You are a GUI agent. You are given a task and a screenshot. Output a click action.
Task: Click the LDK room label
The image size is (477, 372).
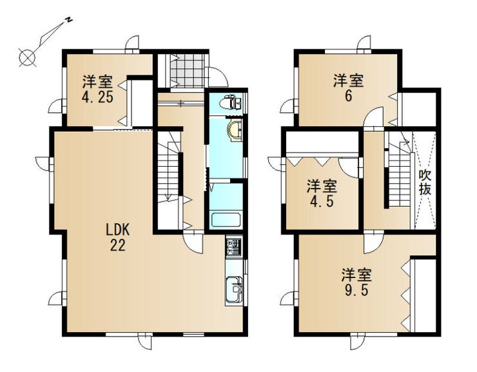click(x=118, y=230)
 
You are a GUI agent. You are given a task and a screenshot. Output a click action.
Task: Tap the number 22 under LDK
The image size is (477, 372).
click(x=117, y=245)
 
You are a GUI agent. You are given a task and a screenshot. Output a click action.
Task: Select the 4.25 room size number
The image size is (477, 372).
click(x=97, y=97)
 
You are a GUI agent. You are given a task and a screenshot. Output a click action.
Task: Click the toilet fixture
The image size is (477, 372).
click(x=232, y=102)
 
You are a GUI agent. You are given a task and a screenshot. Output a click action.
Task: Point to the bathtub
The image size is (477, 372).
click(x=226, y=219)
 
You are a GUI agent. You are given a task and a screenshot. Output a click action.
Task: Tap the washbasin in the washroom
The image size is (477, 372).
click(x=235, y=130)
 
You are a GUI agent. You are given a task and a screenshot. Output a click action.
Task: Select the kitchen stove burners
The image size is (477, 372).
click(x=233, y=246)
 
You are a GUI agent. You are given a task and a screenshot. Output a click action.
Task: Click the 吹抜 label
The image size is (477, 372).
click(x=425, y=182)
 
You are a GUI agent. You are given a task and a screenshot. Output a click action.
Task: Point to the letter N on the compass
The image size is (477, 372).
click(x=70, y=20)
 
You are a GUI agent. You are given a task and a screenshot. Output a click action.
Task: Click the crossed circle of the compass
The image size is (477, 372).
click(x=27, y=57)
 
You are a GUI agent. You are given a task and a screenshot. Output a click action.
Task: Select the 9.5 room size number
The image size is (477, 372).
click(x=356, y=290)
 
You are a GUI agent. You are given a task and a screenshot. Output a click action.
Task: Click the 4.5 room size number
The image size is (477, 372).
click(x=322, y=201)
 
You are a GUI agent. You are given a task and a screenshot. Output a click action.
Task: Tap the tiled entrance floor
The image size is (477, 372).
click(x=186, y=70)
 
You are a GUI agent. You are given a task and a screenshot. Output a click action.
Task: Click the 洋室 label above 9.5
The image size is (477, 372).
click(x=356, y=275)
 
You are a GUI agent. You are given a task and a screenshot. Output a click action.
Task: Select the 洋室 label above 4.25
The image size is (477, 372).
click(x=97, y=82)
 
